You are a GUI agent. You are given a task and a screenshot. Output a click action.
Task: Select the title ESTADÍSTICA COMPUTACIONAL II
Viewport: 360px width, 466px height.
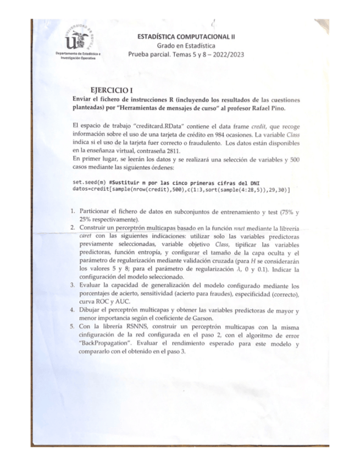[186, 36]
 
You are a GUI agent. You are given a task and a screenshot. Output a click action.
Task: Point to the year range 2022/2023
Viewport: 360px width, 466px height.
[225, 54]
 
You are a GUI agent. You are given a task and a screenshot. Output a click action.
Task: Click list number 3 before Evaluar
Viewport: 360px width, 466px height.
[73, 286]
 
